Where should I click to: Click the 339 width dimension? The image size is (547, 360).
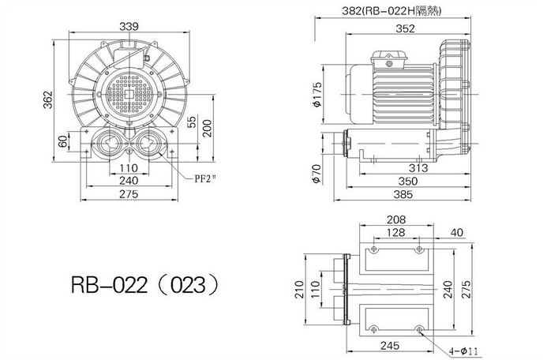129,26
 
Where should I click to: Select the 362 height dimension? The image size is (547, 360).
48,99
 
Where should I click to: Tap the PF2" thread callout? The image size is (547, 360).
204,179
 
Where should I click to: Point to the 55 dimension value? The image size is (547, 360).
193,122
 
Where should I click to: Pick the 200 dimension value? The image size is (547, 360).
208,128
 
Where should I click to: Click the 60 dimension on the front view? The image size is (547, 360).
62,141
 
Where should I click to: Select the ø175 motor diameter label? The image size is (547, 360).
317,95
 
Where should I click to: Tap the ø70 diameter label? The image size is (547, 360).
317,174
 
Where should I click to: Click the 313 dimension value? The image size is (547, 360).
418,168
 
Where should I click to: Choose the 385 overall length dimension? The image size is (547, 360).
403,194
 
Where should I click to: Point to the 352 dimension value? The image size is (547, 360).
406,28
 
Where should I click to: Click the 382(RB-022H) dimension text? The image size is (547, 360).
392,11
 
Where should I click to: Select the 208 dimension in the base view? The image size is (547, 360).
396,219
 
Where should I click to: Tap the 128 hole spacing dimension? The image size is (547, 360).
396,232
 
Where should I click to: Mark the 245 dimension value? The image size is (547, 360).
390,346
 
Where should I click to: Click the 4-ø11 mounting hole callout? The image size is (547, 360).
463,351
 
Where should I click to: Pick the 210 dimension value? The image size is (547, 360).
299,289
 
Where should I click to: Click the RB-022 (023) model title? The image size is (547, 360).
144,285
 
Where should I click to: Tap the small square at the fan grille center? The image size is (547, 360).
129,95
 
